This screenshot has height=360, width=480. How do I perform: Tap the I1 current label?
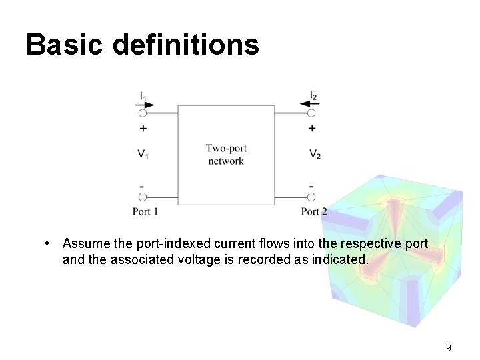[143, 96]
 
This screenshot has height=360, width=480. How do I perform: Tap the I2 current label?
[313, 96]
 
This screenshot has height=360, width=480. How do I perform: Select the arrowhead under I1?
[149, 104]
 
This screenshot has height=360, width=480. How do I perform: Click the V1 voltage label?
[143, 154]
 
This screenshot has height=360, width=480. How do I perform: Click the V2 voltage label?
[315, 154]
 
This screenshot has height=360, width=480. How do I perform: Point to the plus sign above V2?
[312, 128]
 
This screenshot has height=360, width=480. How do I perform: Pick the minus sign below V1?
[143, 185]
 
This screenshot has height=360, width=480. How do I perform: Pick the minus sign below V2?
[312, 185]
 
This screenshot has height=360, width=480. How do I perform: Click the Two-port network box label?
[226, 155]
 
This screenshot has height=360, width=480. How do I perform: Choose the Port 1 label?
[145, 211]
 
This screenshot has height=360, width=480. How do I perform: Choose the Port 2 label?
[313, 211]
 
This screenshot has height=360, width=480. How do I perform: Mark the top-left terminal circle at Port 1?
[142, 113]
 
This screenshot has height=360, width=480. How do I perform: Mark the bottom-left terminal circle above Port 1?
[142, 197]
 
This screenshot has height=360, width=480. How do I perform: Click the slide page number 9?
[449, 347]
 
